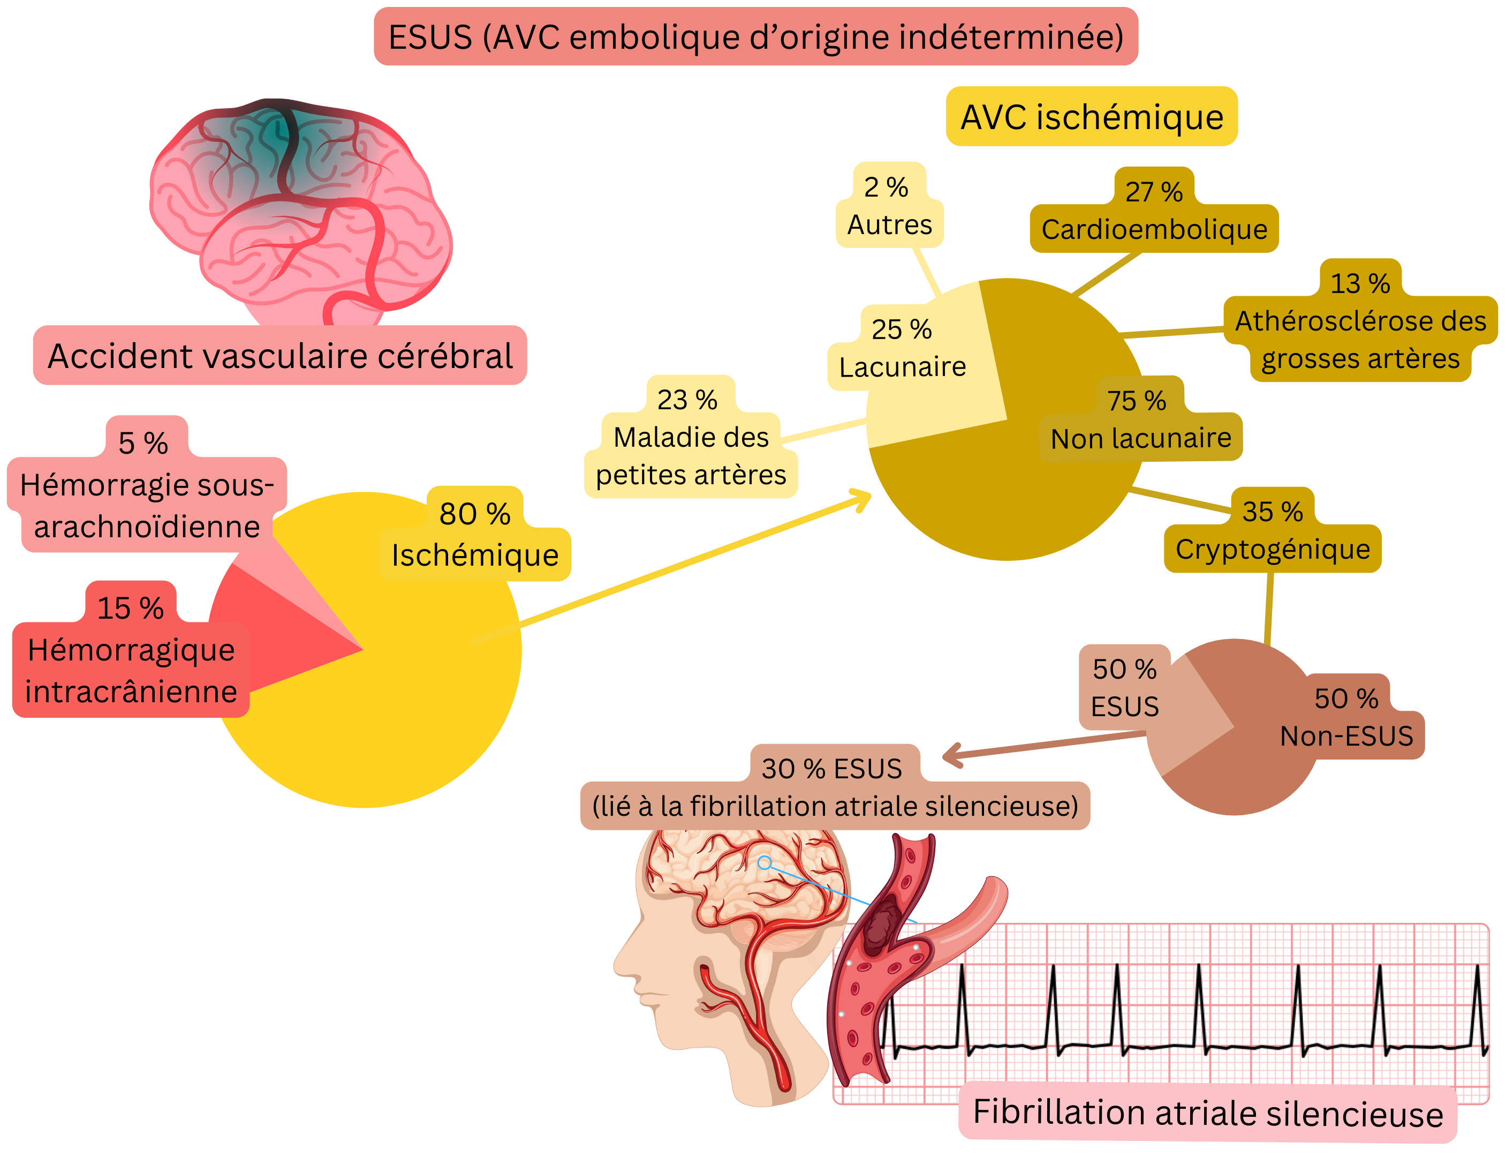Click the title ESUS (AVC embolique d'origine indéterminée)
(x=755, y=37)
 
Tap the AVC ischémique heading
(x=1091, y=117)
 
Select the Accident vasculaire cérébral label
(x=280, y=356)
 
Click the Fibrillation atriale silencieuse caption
(x=1207, y=1114)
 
